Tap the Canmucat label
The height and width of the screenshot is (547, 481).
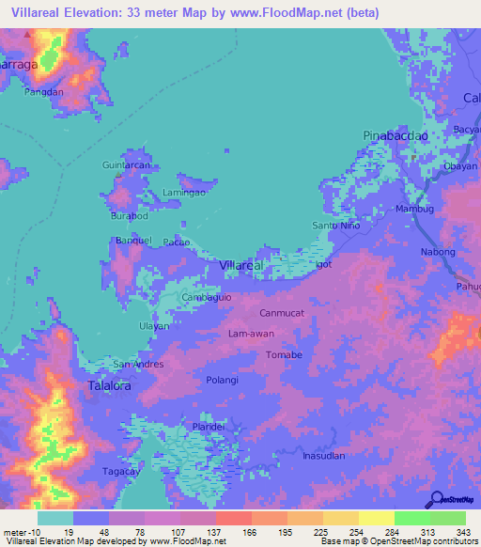[281, 313]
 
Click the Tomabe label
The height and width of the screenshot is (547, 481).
[284, 354]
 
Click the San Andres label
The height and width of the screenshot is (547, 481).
[138, 364]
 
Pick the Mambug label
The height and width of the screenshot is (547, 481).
[414, 209]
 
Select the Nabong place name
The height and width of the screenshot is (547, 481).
[438, 252]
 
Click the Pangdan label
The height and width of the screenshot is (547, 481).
[44, 92]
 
